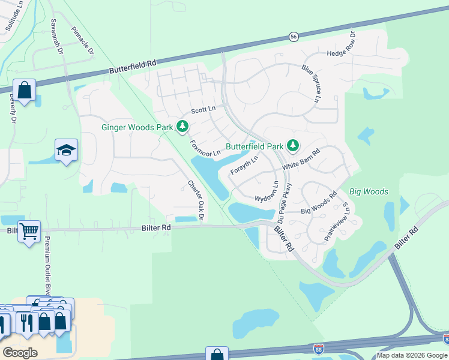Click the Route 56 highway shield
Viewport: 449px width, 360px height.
[x=293, y=37]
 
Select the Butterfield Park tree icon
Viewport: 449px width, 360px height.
[x=292, y=146]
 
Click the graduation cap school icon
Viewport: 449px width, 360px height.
[x=67, y=150]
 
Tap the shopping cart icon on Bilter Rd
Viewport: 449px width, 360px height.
[x=29, y=230]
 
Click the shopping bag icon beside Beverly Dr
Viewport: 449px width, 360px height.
[x=24, y=91]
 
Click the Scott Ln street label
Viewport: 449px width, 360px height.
[x=203, y=110]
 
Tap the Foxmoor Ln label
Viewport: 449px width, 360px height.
[x=205, y=149]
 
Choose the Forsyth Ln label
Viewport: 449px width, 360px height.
[x=244, y=164]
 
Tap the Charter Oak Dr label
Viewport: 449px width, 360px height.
[x=196, y=200]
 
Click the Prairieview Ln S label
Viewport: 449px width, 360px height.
[x=336, y=219]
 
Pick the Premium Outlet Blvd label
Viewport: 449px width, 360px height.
[x=47, y=266]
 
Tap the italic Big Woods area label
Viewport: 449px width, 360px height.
[x=369, y=192]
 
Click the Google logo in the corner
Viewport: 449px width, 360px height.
[x=20, y=352]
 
